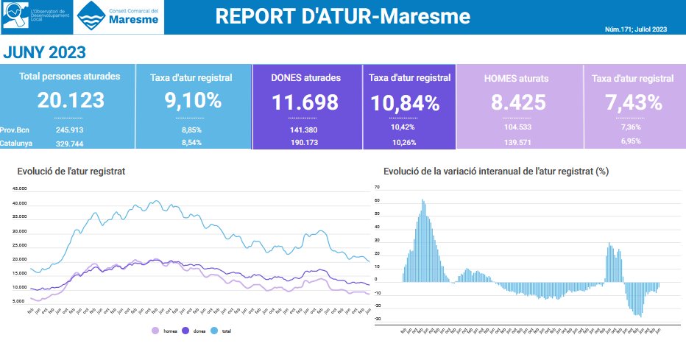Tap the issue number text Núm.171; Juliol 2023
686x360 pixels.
(x=635, y=29)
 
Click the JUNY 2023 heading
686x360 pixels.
(x=45, y=52)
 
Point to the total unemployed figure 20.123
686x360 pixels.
(x=71, y=101)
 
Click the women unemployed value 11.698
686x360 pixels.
(x=305, y=103)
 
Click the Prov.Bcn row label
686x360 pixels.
(x=15, y=130)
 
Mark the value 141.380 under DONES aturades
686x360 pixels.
(x=305, y=130)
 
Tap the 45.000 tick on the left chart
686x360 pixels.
(x=20, y=188)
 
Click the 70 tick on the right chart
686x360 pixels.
(x=376, y=187)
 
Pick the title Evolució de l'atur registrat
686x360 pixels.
(x=71, y=171)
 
